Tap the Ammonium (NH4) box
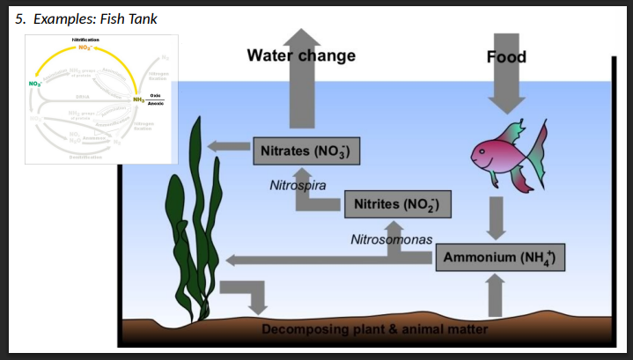(x=498, y=259)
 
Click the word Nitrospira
(x=298, y=186)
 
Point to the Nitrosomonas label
(x=391, y=239)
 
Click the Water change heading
(x=301, y=55)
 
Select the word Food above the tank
(x=506, y=57)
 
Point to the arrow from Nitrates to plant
(x=228, y=147)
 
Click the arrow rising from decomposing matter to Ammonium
(x=496, y=294)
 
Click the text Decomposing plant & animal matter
(x=374, y=329)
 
